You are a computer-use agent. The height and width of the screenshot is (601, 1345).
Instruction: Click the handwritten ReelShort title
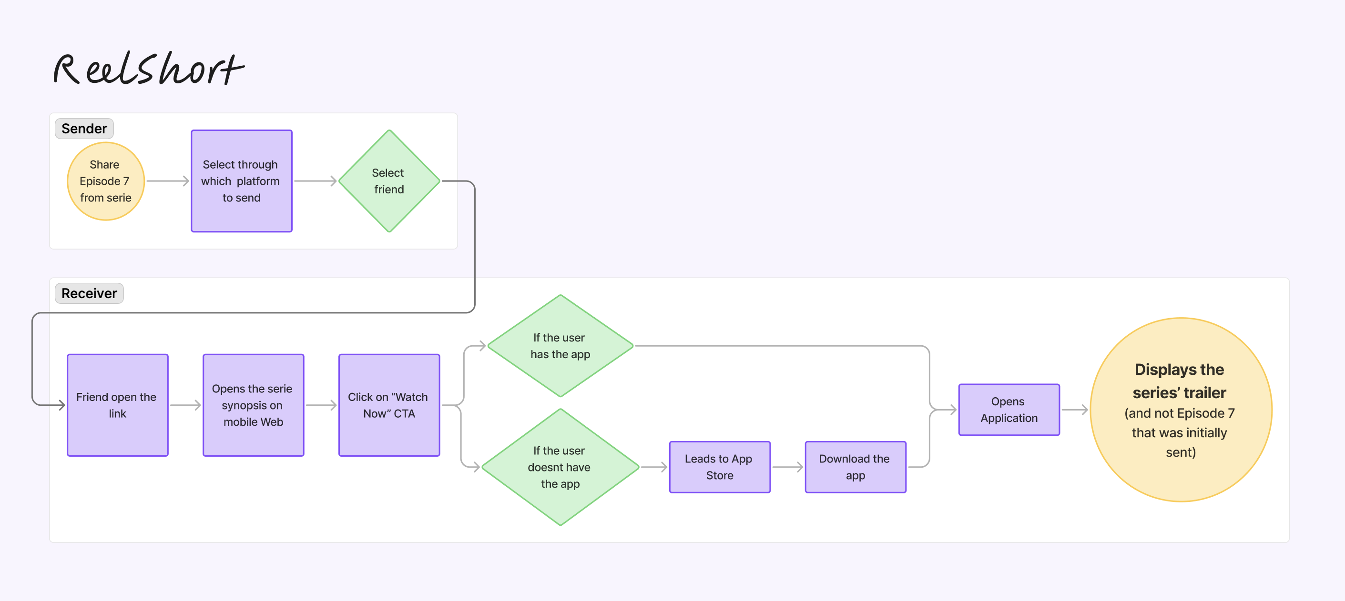pos(148,70)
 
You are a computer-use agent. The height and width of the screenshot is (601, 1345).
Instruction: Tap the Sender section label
pos(84,128)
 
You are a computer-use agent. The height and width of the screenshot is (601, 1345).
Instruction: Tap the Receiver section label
pos(89,293)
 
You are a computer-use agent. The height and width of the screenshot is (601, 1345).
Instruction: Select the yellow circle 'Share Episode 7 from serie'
pos(105,181)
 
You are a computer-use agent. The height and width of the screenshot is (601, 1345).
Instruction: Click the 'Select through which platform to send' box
pos(242,181)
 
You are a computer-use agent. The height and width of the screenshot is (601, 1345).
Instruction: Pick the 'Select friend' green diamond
pos(389,181)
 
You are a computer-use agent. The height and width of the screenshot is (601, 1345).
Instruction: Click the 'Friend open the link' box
pos(117,405)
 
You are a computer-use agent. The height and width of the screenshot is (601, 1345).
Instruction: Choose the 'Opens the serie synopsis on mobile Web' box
pos(253,405)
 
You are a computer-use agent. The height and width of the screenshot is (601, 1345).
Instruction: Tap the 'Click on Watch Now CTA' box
pos(389,405)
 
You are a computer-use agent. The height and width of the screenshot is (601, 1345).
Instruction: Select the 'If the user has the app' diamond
pos(560,346)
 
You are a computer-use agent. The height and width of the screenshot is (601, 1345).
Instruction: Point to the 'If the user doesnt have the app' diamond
pos(560,467)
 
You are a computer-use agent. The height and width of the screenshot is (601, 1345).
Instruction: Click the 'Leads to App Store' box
pos(720,467)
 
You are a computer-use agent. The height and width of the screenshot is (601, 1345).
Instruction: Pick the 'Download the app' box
pos(855,467)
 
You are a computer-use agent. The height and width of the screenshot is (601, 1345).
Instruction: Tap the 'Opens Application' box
pos(1009,410)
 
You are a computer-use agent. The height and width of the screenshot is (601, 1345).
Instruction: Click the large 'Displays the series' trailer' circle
pos(1181,410)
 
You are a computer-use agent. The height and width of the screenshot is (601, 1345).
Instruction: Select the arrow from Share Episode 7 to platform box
pos(168,181)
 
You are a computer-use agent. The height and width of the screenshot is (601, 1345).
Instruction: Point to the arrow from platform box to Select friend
pos(316,181)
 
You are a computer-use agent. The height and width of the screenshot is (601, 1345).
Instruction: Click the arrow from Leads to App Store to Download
pos(787,467)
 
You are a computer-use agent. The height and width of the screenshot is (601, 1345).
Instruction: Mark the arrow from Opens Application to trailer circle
pos(1075,410)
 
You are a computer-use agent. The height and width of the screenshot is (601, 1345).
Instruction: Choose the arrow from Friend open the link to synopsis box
pos(185,405)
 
